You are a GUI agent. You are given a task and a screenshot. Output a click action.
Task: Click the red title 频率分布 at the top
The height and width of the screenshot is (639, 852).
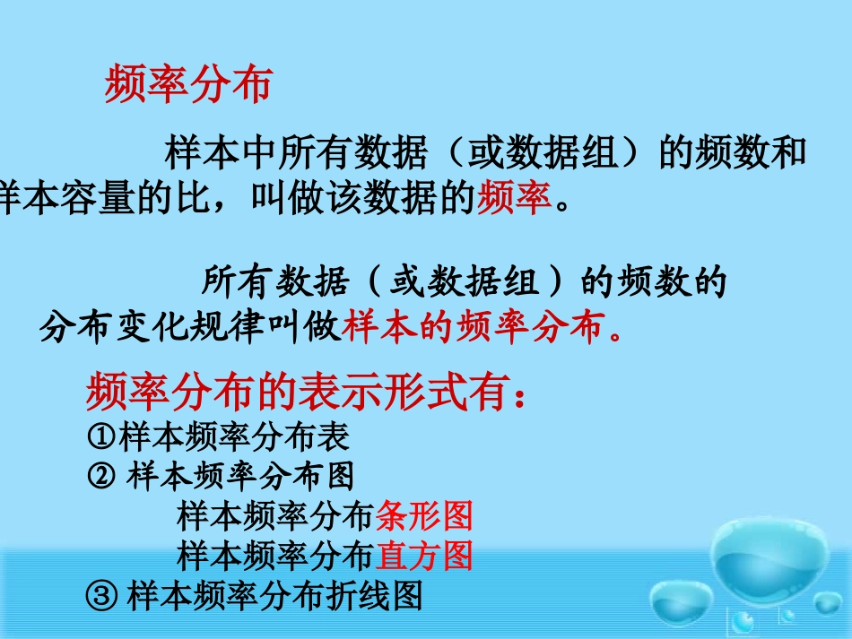(187, 85)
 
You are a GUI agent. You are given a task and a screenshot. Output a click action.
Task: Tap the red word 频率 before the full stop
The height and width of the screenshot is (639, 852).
(515, 196)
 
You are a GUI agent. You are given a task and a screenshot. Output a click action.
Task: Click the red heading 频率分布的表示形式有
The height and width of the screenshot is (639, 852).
(300, 392)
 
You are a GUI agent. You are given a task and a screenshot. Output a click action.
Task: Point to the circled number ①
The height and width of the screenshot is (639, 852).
(102, 437)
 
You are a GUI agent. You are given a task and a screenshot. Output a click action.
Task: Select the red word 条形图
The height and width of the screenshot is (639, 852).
(423, 516)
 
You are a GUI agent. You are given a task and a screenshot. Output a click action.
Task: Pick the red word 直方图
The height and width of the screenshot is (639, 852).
(423, 556)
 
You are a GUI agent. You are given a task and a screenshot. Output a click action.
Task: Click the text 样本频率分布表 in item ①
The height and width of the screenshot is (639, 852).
(233, 437)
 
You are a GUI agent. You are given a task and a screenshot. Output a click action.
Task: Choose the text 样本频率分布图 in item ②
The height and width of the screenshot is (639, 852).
(240, 475)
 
